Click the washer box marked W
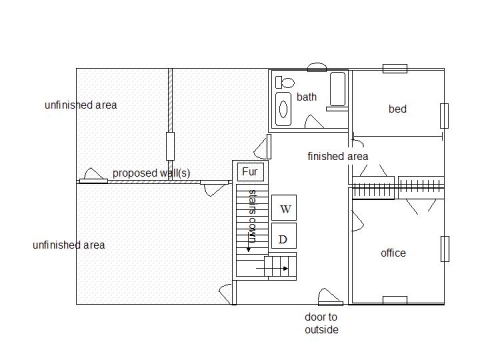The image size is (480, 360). [x=284, y=208]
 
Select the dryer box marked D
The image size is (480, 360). [x=284, y=236]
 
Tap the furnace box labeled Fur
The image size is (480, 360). [x=250, y=172]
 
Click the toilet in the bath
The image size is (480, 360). [x=285, y=82]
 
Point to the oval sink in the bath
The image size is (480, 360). [x=283, y=109]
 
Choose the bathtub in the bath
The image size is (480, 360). [x=338, y=89]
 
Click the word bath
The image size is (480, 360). [x=306, y=97]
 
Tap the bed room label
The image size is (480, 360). [x=397, y=109]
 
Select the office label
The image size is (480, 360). [x=393, y=253]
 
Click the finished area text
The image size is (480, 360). [x=338, y=156]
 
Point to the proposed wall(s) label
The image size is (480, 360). [x=151, y=173]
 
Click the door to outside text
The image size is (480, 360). [x=321, y=323]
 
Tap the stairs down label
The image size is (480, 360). [x=252, y=216]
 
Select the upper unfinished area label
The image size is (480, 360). [x=81, y=105]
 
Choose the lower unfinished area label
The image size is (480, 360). [x=69, y=245]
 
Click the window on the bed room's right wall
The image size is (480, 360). [x=444, y=116]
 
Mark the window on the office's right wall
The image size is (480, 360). [x=445, y=249]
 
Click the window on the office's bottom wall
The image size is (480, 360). [x=395, y=300]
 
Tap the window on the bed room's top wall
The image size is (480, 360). [x=395, y=69]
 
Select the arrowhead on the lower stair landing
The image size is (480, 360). [x=285, y=268]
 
